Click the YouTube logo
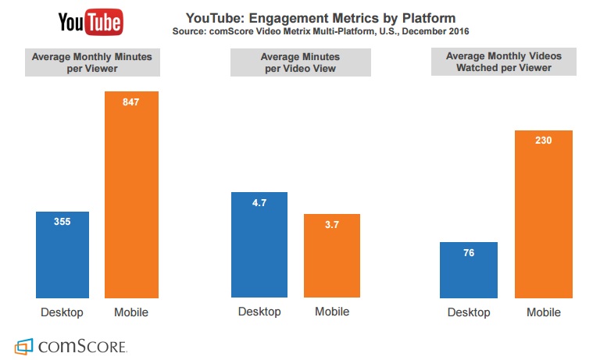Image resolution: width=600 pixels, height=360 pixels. (x=91, y=22)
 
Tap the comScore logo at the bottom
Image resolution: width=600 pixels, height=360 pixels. (x=71, y=346)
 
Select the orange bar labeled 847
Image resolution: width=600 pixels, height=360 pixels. (x=131, y=194)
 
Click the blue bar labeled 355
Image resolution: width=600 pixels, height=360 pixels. (x=62, y=255)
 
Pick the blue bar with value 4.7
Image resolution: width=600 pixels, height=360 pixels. (x=259, y=244)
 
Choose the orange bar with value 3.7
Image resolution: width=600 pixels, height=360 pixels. (x=332, y=255)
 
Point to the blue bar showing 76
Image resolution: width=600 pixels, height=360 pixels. (x=469, y=270)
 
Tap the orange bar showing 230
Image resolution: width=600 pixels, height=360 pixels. (x=544, y=214)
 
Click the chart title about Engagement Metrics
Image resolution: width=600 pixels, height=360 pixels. (x=320, y=18)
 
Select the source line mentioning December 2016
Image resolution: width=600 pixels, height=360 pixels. (x=320, y=31)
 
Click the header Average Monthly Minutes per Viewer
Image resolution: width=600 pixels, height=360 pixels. (x=92, y=62)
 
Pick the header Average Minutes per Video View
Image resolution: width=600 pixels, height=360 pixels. (x=300, y=62)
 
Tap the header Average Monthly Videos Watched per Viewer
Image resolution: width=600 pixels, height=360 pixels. (x=504, y=62)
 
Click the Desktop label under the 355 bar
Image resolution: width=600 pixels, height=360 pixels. (x=62, y=312)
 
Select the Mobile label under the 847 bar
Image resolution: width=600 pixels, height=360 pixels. (x=131, y=312)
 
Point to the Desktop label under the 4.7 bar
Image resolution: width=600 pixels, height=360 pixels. (x=259, y=312)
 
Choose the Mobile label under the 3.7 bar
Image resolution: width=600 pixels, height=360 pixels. (x=332, y=312)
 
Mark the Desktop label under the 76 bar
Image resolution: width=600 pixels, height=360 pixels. (x=469, y=312)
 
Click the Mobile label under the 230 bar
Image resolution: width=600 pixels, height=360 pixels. (x=544, y=312)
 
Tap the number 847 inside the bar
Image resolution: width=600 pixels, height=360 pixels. (x=131, y=102)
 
